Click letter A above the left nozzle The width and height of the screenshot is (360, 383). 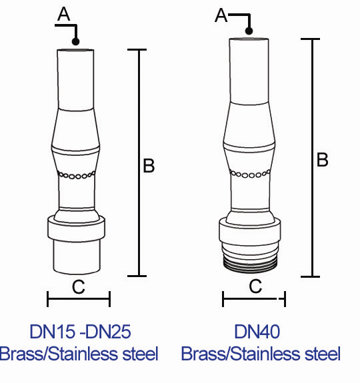63,15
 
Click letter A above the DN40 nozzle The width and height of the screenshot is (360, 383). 221,15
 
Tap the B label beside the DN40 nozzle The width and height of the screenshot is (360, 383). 322,160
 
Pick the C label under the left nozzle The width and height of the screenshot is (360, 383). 78,287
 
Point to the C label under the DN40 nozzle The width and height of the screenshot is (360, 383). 255,287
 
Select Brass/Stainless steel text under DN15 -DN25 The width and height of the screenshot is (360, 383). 79,354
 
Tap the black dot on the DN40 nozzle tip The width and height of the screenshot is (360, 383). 249,31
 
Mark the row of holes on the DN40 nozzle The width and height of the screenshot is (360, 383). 249,175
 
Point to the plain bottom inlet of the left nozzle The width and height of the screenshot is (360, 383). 77,256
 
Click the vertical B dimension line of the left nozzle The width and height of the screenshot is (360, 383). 138,163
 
